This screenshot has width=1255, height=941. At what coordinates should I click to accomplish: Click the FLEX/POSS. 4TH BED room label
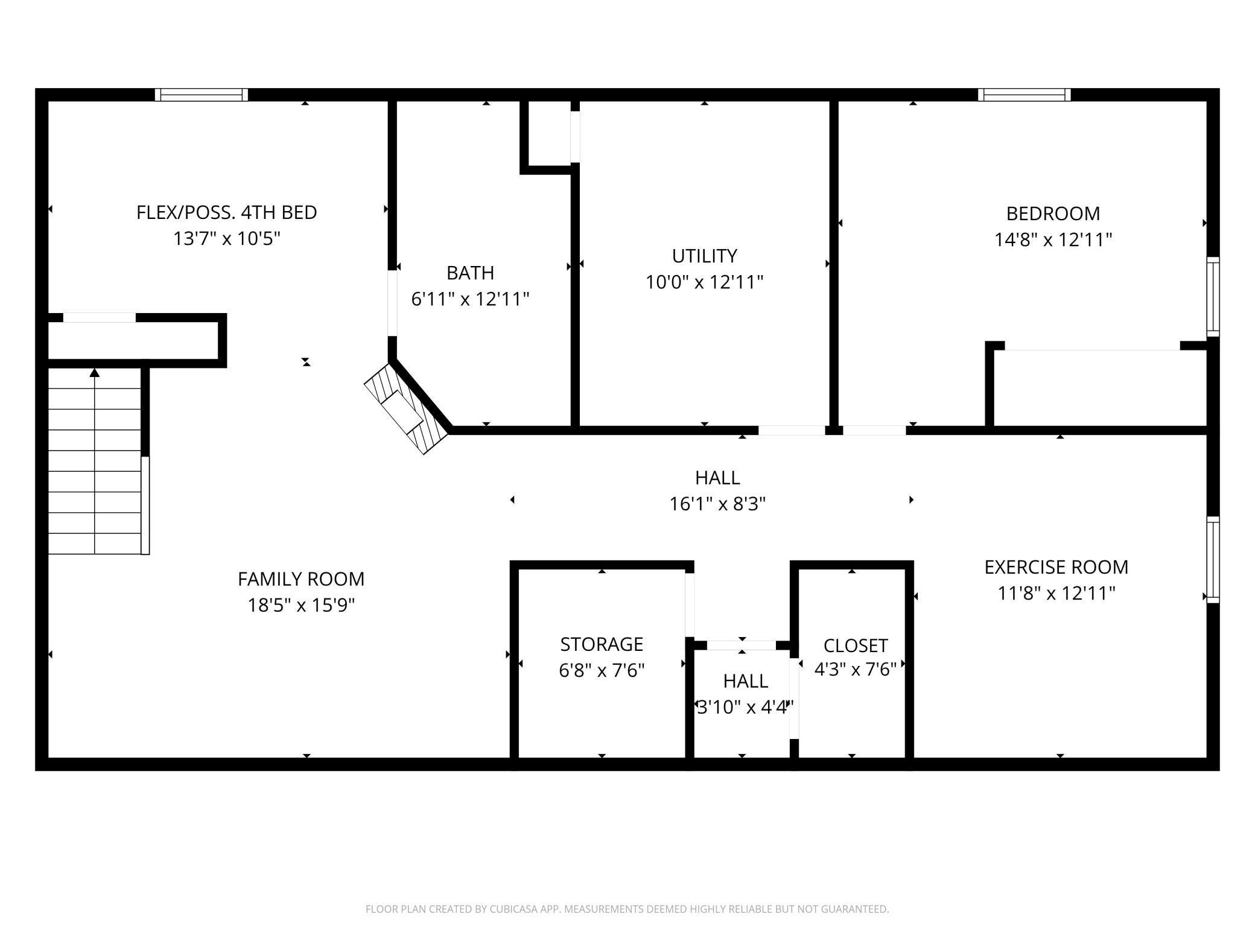click(x=226, y=212)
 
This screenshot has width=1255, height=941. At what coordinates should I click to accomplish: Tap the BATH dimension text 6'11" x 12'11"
click(x=470, y=299)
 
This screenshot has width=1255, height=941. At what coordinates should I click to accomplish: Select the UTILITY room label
click(x=704, y=256)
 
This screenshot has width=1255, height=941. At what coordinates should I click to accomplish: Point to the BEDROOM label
click(x=1053, y=213)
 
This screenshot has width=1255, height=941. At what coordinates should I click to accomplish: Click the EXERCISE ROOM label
click(x=1056, y=567)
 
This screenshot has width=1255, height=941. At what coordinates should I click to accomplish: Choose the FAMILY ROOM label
click(x=301, y=579)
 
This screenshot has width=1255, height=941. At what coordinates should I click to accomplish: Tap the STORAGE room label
click(x=602, y=644)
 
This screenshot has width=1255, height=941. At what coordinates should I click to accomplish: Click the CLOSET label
click(x=856, y=645)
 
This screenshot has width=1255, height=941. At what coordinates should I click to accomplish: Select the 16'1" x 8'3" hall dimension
click(x=717, y=504)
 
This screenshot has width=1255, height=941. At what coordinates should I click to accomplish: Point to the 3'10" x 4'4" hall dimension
click(x=746, y=707)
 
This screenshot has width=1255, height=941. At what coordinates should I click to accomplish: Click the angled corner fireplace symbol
click(x=407, y=408)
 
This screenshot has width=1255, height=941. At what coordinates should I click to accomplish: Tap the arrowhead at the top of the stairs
click(x=94, y=373)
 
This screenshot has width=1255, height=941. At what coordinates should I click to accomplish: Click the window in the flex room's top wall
click(x=202, y=95)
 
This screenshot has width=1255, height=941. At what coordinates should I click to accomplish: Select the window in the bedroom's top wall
click(x=1025, y=95)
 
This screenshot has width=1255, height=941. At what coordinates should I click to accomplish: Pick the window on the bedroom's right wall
click(x=1213, y=297)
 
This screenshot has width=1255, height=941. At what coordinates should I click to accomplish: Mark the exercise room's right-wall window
click(x=1213, y=560)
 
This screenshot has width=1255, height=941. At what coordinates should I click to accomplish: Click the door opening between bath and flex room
click(x=392, y=303)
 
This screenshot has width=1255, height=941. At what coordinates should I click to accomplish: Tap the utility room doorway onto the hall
click(x=792, y=430)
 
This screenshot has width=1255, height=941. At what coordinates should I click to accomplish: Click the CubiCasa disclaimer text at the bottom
click(x=627, y=909)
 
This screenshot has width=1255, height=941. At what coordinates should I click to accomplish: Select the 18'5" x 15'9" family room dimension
click(x=301, y=605)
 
